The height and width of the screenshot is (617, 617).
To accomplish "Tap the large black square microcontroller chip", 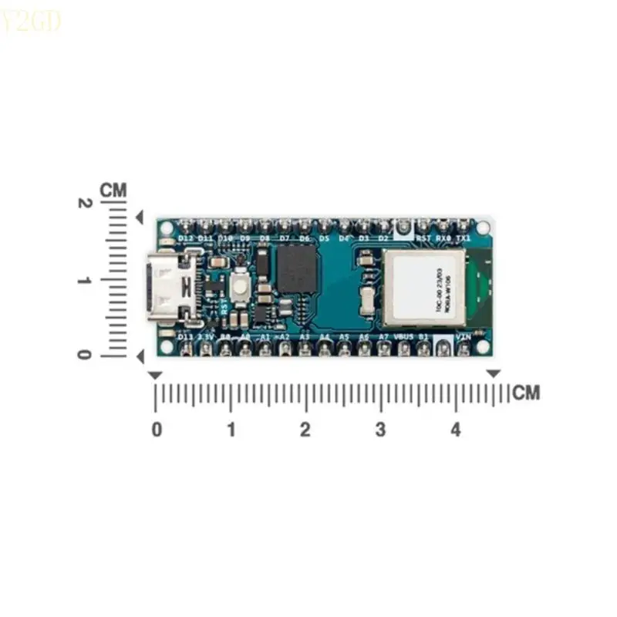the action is pyautogui.click(x=298, y=270).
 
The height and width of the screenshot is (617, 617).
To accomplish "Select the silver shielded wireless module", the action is pyautogui.click(x=424, y=286).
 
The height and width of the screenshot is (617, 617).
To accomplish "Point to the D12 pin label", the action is pyautogui.click(x=186, y=238).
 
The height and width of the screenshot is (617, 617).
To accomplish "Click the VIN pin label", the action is pyautogui.click(x=464, y=337).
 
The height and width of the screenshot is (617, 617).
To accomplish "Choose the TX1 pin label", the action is pyautogui.click(x=463, y=238).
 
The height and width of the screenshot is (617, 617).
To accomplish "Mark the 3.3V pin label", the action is pyautogui.click(x=206, y=337).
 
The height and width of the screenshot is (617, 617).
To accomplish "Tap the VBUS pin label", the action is pyautogui.click(x=403, y=337).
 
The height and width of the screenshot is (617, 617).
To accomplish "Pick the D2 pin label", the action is pyautogui.click(x=383, y=238).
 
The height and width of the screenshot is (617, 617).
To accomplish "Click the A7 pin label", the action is pyautogui.click(x=383, y=337).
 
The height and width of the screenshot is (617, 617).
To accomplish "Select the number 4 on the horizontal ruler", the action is pyautogui.click(x=456, y=430).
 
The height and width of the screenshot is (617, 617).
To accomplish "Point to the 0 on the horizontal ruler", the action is pyautogui.click(x=157, y=430).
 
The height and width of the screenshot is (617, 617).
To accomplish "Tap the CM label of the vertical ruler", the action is pyautogui.click(x=113, y=189).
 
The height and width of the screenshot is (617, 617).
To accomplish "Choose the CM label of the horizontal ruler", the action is pyautogui.click(x=527, y=393).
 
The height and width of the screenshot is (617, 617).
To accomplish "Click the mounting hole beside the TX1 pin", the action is pyautogui.click(x=484, y=228).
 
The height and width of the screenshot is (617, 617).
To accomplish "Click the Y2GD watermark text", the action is pyautogui.click(x=31, y=23).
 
